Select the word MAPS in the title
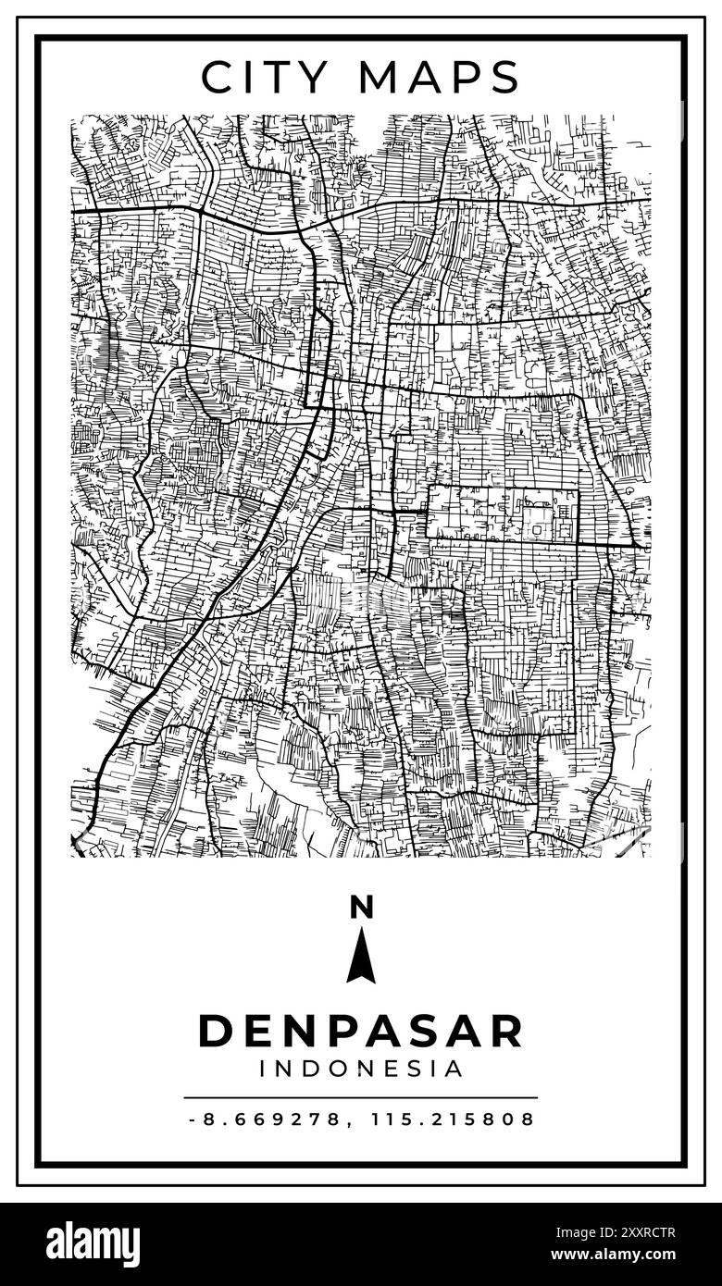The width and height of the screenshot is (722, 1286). click(440, 77)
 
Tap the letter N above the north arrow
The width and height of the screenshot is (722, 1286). click(361, 908)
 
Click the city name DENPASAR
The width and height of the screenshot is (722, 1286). click(361, 1032)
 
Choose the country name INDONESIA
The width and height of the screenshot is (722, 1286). click(361, 1070)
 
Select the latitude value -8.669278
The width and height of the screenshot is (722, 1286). click(268, 1119)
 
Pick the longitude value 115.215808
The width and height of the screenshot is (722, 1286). click(453, 1119)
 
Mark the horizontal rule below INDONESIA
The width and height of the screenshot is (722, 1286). click(361, 1097)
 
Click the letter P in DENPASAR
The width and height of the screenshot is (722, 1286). click(330, 1032)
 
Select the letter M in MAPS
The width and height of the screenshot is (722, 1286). click(380, 77)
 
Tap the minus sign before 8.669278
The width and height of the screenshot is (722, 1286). click(192, 1119)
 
